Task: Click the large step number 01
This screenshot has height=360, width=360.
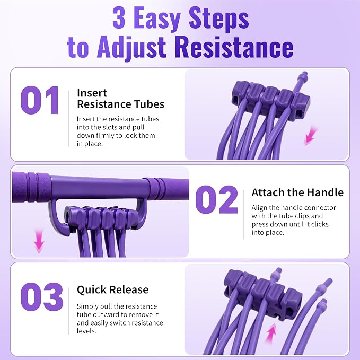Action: pos(39,100)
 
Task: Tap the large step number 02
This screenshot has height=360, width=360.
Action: pos(216,199)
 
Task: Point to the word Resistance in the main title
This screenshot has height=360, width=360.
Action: pos(235,47)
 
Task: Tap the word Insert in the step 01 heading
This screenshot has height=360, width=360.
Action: pos(92,93)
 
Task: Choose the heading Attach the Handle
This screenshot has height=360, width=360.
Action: pos(297,192)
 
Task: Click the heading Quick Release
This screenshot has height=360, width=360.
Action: pos(113,289)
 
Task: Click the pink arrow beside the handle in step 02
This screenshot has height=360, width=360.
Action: pos(39,241)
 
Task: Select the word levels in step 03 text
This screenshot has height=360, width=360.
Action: pos(86,331)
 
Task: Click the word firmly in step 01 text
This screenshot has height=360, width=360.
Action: pos(103,135)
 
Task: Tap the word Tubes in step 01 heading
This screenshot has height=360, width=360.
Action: pos(150,104)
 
